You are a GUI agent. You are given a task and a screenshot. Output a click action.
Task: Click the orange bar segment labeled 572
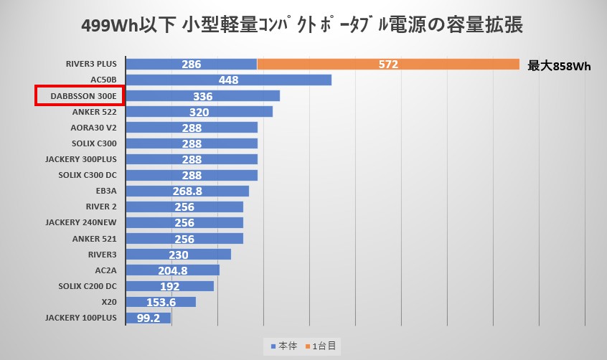[387, 65]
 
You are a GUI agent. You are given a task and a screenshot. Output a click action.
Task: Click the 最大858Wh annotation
[559, 66]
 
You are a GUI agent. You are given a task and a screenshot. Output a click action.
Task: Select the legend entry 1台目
[322, 346]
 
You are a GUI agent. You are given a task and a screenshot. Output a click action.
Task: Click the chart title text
[303, 26]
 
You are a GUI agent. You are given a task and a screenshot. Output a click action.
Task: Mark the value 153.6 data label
[161, 302]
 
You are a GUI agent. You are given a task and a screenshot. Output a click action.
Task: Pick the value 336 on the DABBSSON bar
[202, 96]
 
